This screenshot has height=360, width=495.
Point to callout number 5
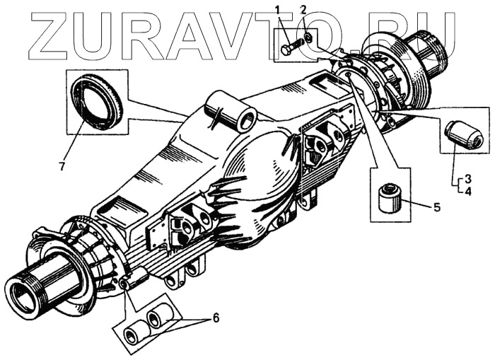coord(436,207)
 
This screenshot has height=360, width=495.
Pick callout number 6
coord(216,318)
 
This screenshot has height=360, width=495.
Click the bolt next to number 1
coord(291,50)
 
